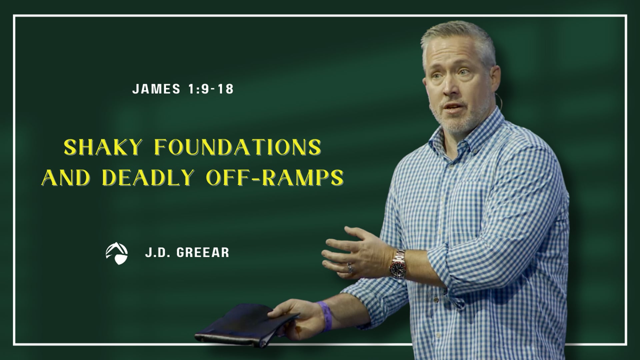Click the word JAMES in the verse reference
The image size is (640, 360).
[157, 89]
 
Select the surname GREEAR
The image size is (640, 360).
[203, 253]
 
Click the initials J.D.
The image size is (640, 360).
[158, 253]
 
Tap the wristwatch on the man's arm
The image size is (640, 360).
[399, 262]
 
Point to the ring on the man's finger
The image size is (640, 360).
[350, 267]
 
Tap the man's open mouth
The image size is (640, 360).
[450, 108]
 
